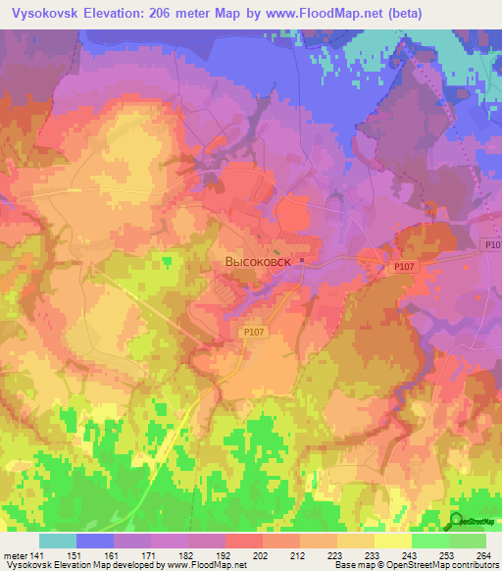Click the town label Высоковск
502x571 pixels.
click(x=260, y=262)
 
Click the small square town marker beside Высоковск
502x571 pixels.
click(x=303, y=261)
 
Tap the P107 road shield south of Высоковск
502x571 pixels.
click(x=252, y=333)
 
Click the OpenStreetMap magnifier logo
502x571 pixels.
click(x=457, y=520)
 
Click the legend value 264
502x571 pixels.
click(x=484, y=555)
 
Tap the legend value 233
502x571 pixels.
click(x=373, y=555)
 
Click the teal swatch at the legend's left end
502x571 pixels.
click(x=58, y=541)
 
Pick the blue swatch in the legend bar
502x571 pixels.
click(x=95, y=541)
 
